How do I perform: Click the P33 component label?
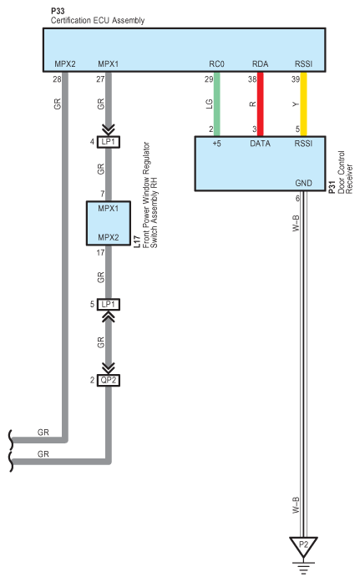click(58, 11)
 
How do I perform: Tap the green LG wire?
click(217, 104)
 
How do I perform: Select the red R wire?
click(260, 104)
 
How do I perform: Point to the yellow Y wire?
click(303, 104)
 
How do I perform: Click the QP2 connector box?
click(109, 381)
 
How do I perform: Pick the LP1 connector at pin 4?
click(109, 142)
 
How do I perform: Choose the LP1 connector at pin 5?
click(109, 305)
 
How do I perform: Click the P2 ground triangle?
click(303, 546)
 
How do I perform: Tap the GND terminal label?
click(303, 183)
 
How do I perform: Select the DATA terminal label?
click(260, 144)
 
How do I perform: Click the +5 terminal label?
click(216, 144)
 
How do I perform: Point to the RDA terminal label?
click(260, 63)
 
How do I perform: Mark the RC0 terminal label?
click(216, 63)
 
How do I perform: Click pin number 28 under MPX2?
click(57, 79)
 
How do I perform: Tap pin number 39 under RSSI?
click(296, 79)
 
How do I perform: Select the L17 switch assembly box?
click(109, 223)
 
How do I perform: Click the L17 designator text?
click(137, 241)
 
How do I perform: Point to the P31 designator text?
click(332, 186)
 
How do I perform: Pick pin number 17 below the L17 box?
click(100, 253)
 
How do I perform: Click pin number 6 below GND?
click(297, 199)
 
